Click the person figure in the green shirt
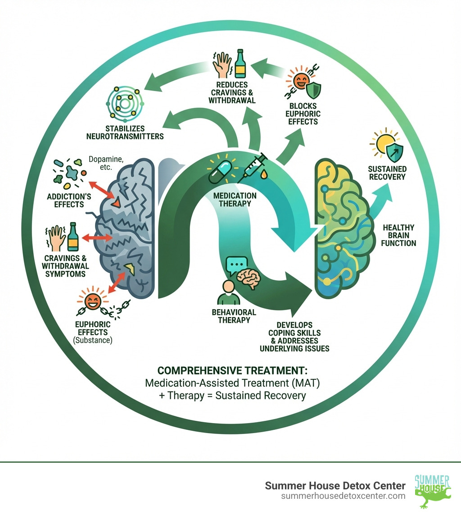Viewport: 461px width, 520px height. click(229, 292)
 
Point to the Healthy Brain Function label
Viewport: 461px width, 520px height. click(398, 236)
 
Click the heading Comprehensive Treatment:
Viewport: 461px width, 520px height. click(232, 370)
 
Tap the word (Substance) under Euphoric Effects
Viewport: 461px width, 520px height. click(92, 340)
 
